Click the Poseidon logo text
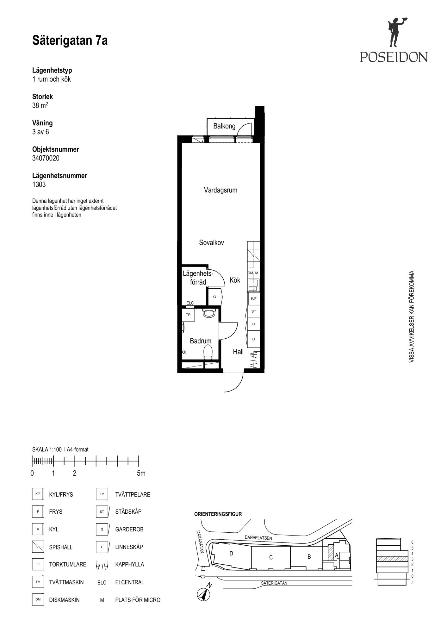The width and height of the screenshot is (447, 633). [x=394, y=57]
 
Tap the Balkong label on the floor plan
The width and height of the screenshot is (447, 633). [x=224, y=126]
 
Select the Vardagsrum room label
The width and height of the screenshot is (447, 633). [x=220, y=190]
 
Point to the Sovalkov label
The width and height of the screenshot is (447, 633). [x=212, y=243]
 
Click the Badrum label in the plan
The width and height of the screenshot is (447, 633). [x=201, y=341]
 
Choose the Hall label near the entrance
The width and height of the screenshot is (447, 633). [x=238, y=352]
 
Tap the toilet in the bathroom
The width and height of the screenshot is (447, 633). [x=208, y=352]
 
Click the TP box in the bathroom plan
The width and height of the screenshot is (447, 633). [x=188, y=315]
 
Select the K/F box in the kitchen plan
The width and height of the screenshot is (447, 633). [x=253, y=298]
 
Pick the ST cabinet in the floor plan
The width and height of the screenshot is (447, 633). [x=253, y=311]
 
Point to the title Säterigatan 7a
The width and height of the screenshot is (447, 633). [x=70, y=41]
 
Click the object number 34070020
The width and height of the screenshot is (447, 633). [x=46, y=158]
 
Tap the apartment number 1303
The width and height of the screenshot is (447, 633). [x=39, y=185]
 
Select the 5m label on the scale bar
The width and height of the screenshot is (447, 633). [x=141, y=473]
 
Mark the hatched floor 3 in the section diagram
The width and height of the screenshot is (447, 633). [x=392, y=559]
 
